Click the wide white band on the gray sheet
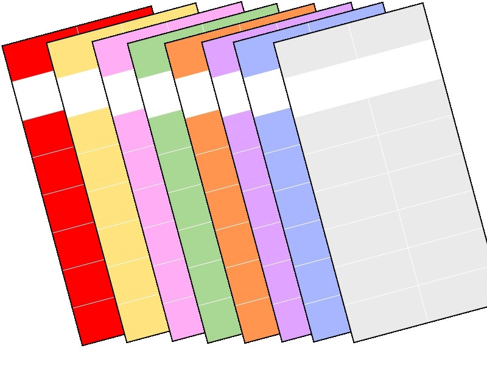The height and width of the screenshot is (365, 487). pos(365,76)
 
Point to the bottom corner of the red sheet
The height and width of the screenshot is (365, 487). pos(83,344)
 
